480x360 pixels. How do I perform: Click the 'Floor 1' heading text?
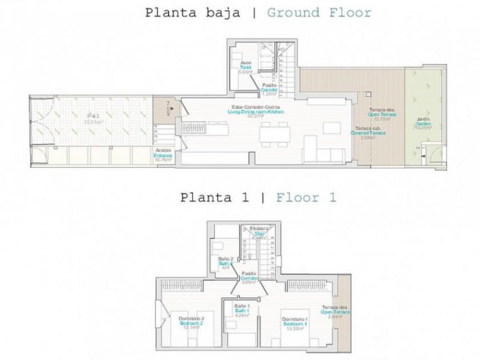tap(306, 197)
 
